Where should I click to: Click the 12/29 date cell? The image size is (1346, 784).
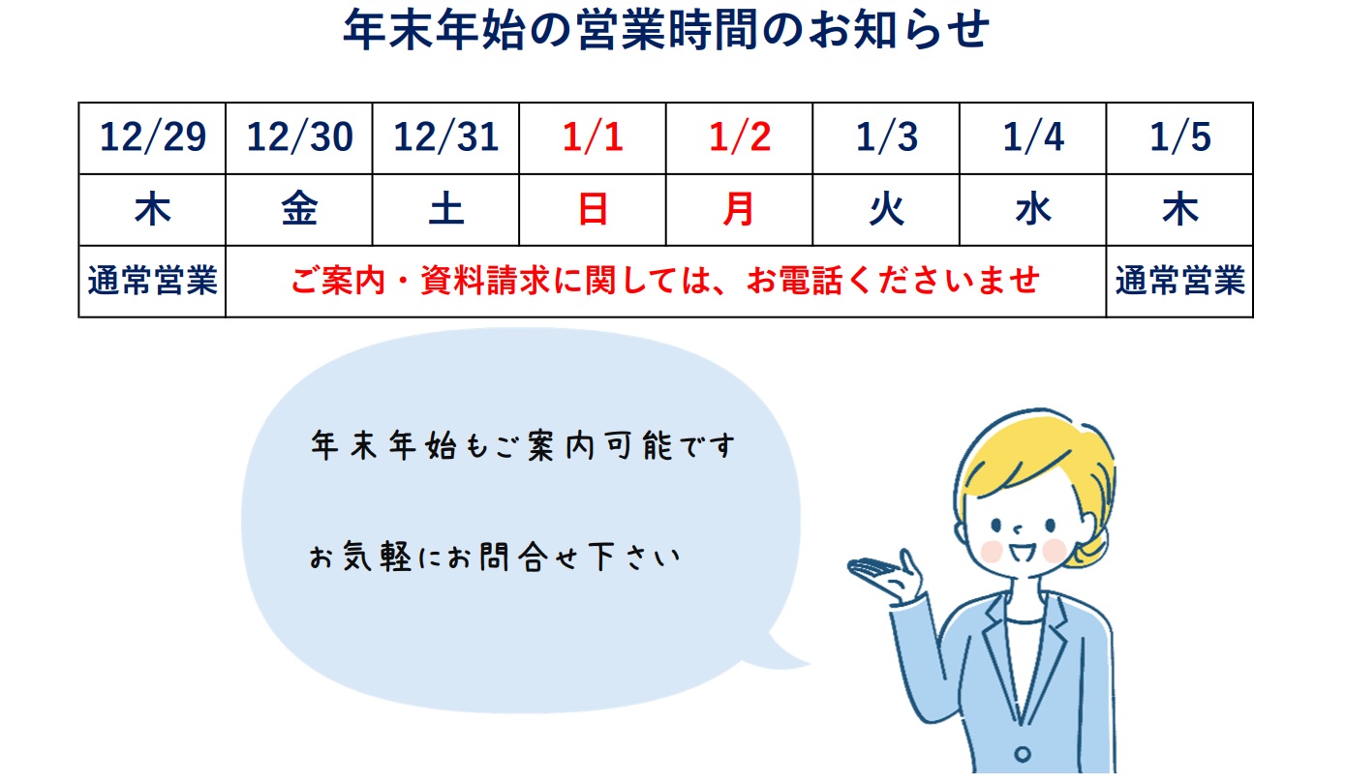click(x=153, y=137)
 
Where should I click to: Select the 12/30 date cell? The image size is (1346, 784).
click(x=299, y=137)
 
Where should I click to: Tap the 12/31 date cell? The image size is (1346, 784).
click(x=445, y=137)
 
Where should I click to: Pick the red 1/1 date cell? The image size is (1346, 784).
click(x=593, y=137)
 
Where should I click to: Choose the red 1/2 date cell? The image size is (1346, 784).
click(x=739, y=137)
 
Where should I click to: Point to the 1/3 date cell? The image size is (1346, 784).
click(x=886, y=137)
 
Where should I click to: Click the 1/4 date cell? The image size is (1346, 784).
click(x=1033, y=137)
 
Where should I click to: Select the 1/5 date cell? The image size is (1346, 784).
click(x=1179, y=137)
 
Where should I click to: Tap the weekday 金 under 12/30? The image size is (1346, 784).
click(x=299, y=209)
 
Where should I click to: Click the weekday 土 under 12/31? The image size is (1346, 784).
click(x=445, y=209)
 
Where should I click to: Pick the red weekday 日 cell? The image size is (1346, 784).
click(x=593, y=209)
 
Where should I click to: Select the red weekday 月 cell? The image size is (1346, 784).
click(x=739, y=209)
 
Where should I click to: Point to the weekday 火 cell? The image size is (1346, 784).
click(x=886, y=209)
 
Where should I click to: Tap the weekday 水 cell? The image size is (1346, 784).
click(x=1033, y=209)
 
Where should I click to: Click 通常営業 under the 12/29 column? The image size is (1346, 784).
click(x=153, y=281)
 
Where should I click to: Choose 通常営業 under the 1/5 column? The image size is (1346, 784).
click(x=1180, y=281)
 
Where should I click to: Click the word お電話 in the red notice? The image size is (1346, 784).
click(x=796, y=281)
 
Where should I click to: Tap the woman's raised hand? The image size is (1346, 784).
click(x=887, y=576)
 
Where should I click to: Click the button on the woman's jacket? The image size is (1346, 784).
click(x=1023, y=753)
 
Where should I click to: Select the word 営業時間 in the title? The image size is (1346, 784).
click(x=666, y=29)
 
